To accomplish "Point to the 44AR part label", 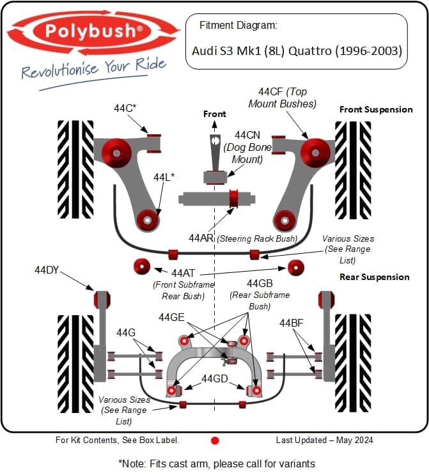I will pyautogui.click(x=201, y=238).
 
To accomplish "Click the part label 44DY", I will pyautogui.click(x=47, y=270).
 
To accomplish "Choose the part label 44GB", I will pyautogui.click(x=260, y=283).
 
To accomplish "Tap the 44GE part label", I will pyautogui.click(x=171, y=317).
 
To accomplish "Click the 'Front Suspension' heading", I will pyautogui.click(x=376, y=109).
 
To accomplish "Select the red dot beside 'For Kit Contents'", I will pyautogui.click(x=215, y=440).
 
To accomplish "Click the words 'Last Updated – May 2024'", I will pyautogui.click(x=324, y=440).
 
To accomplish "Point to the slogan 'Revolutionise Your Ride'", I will pyautogui.click(x=93, y=68).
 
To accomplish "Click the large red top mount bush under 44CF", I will pyautogui.click(x=315, y=152).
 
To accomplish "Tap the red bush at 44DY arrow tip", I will pyautogui.click(x=102, y=299).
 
